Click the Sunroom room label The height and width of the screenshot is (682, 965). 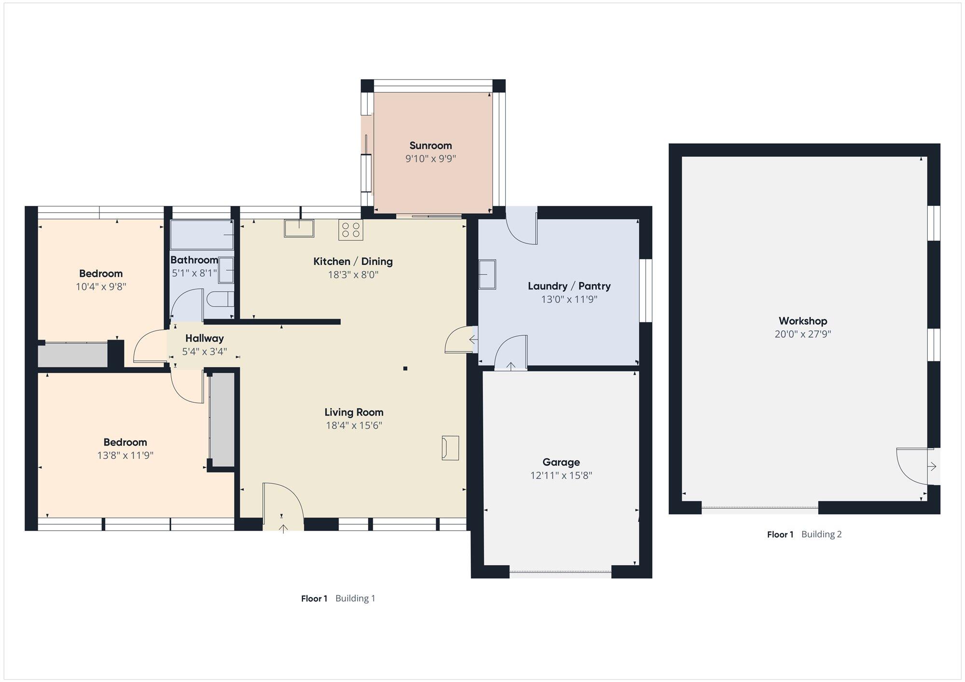430,145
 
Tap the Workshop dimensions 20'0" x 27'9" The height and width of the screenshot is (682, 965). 803,334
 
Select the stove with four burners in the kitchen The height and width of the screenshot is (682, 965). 351,230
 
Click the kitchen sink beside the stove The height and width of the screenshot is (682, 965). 299,228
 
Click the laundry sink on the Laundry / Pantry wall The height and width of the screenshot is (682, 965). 487,274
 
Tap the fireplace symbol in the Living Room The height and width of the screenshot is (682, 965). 450,448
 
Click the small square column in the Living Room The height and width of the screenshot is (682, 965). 405,368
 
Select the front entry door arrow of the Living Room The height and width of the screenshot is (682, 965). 283,529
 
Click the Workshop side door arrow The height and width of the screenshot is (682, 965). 932,466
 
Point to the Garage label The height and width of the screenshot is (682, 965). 561,462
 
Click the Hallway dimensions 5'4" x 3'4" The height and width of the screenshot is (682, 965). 205,352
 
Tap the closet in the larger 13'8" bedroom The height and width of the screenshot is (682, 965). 222,420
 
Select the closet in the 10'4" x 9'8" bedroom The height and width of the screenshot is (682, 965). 73,355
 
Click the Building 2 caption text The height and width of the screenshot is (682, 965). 822,534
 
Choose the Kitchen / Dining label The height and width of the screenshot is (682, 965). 353,261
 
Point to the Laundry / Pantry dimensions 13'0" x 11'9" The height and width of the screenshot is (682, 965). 569,299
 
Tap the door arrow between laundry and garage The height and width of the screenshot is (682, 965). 511,366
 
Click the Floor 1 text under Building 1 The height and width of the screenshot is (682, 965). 314,599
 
